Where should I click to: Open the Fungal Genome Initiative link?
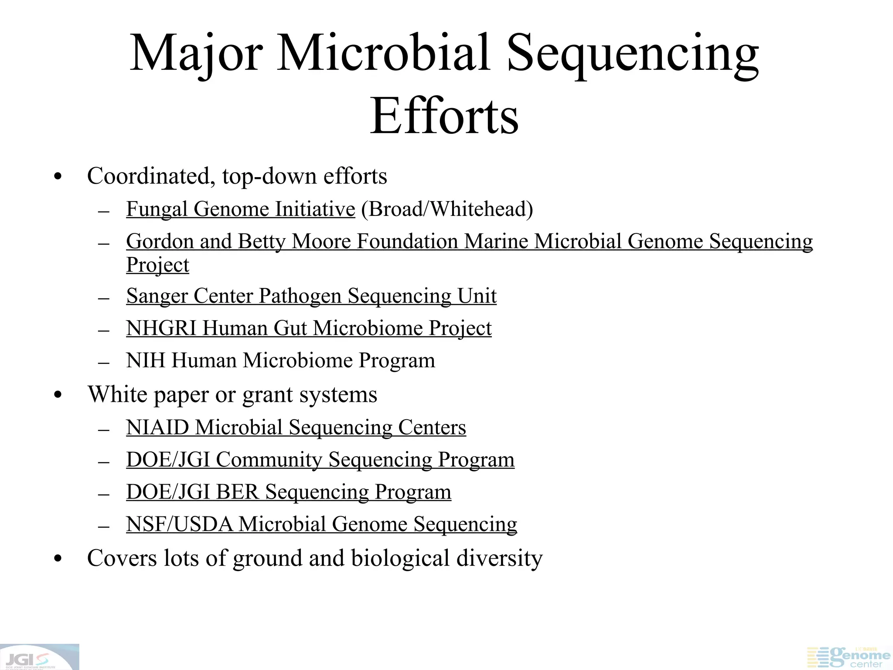click(240, 209)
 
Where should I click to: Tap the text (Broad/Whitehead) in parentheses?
click(447, 209)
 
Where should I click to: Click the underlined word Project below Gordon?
click(157, 265)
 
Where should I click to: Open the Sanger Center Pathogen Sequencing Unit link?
click(311, 296)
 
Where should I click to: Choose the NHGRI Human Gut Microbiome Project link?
click(309, 328)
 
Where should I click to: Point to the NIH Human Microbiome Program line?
click(280, 360)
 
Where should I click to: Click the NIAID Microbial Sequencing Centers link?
click(296, 427)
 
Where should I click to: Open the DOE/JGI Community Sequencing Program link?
click(320, 459)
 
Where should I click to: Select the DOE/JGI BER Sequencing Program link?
click(288, 492)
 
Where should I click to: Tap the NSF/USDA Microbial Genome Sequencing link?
click(321, 524)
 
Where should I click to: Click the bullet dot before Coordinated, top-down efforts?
click(58, 178)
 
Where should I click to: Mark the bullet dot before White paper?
click(58, 396)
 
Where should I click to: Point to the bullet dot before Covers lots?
click(58, 559)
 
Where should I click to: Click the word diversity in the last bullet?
click(499, 558)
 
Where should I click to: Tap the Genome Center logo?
click(848, 657)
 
